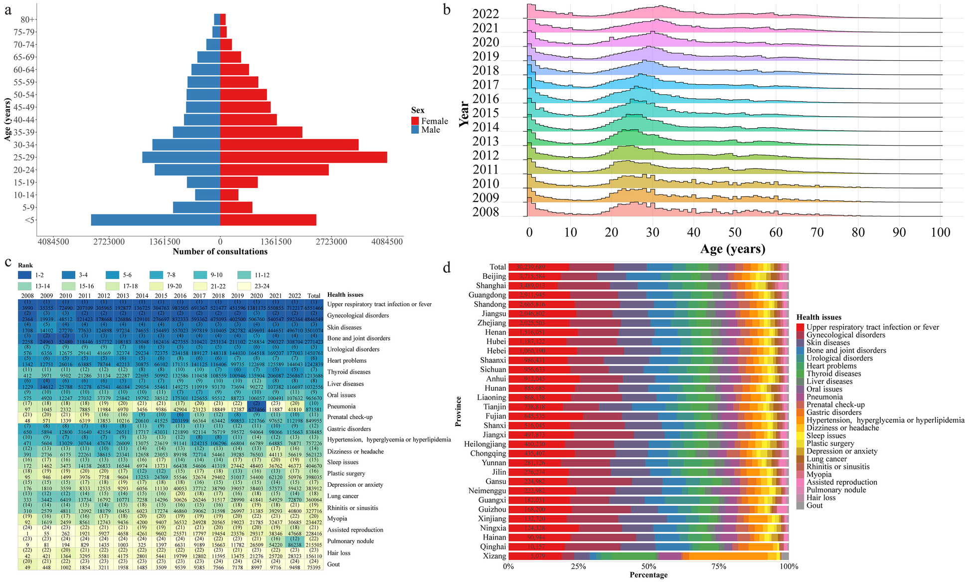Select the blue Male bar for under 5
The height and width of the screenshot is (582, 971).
[155, 220]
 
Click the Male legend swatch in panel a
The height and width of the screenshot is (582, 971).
[415, 130]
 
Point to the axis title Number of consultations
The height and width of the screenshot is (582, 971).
[220, 251]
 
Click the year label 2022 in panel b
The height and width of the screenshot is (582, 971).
[485, 14]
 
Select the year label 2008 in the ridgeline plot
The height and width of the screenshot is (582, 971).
[485, 212]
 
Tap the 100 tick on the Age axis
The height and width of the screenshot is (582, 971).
[941, 232]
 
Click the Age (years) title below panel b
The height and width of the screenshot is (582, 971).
[732, 249]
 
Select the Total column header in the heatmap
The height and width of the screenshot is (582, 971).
[314, 295]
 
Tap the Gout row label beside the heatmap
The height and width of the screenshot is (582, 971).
[333, 564]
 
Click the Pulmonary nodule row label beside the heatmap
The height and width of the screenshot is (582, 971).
[350, 541]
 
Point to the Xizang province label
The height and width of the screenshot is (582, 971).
[494, 556]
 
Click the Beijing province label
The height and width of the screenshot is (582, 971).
[494, 276]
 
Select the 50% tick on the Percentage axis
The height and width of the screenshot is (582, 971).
[648, 567]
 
